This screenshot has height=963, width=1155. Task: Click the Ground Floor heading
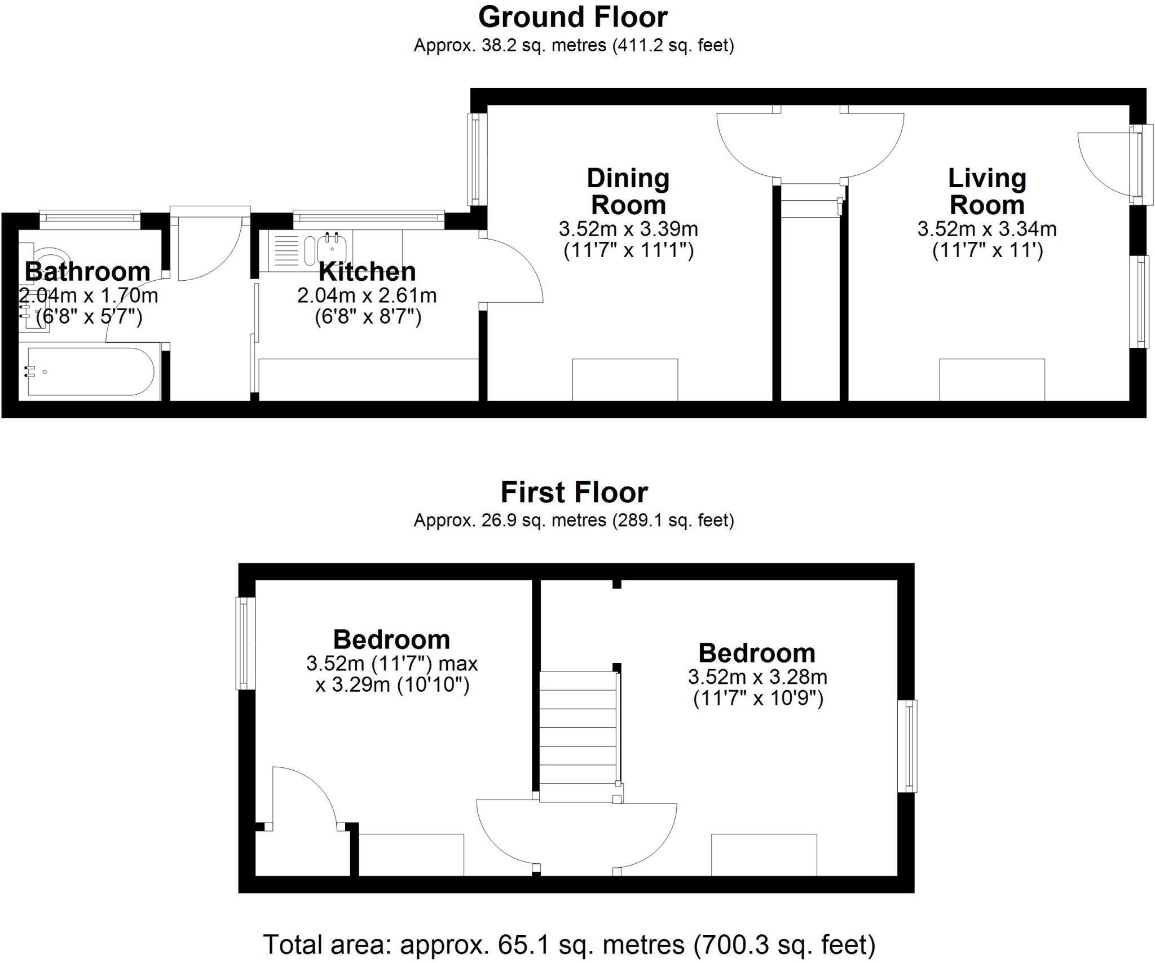(x=573, y=17)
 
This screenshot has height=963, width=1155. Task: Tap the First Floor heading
(x=574, y=492)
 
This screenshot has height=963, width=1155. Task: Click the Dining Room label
(x=628, y=192)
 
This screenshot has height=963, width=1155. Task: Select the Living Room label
(x=987, y=192)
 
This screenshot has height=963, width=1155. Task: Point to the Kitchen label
(x=367, y=272)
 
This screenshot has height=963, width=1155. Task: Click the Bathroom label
(x=87, y=272)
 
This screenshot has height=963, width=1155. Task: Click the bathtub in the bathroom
(x=90, y=372)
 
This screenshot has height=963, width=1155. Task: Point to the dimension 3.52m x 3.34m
(x=987, y=229)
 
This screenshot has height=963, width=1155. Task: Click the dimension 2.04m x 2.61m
(x=367, y=295)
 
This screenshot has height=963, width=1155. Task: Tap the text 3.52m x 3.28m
(x=757, y=677)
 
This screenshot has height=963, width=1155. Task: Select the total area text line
(x=569, y=944)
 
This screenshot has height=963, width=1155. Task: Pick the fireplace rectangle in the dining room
(x=625, y=379)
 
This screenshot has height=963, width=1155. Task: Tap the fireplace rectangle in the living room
(x=991, y=379)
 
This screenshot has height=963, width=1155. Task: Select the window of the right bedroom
(x=907, y=746)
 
